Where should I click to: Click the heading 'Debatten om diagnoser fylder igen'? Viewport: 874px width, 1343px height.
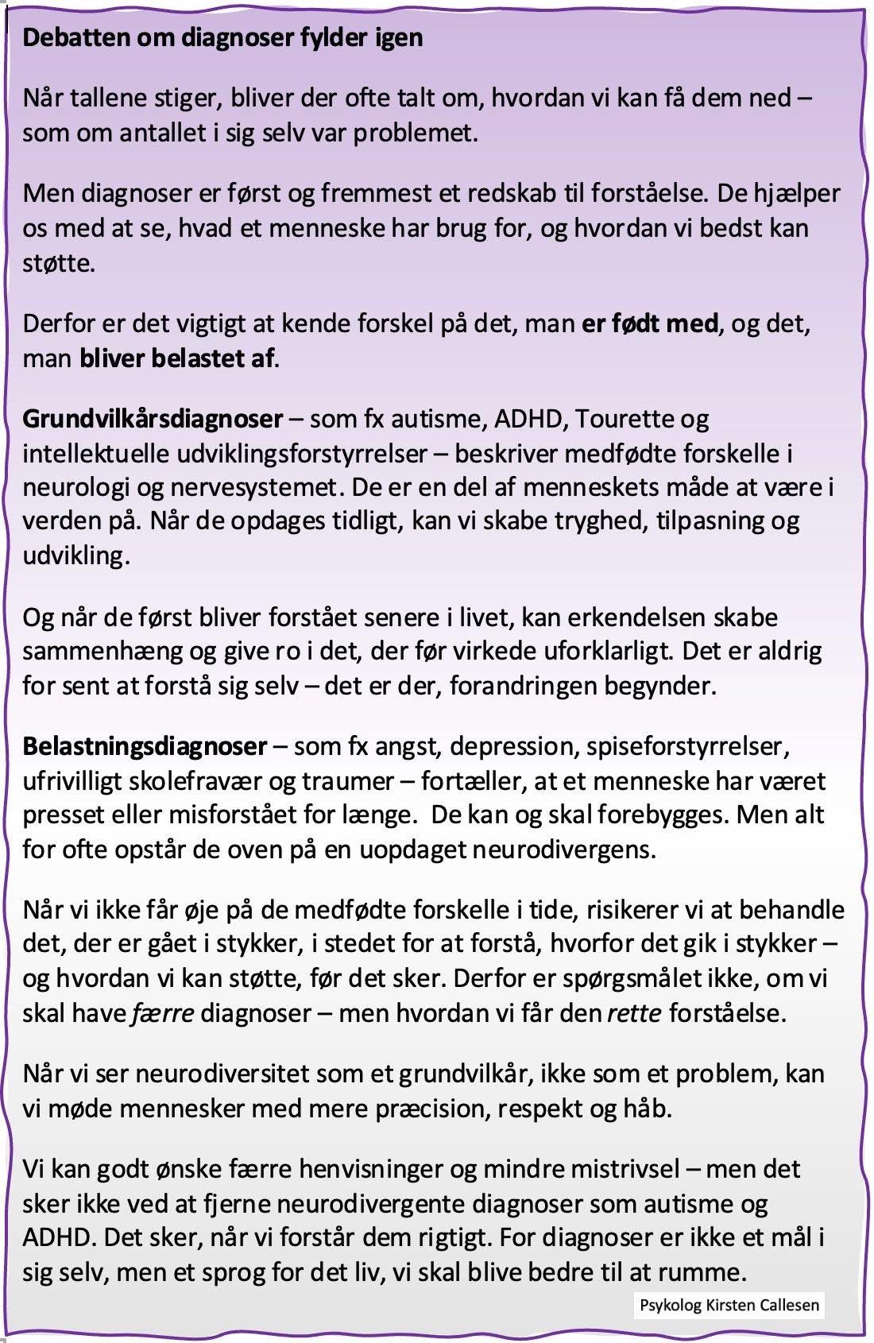(x=222, y=37)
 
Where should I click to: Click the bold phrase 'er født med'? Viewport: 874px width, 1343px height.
(x=649, y=323)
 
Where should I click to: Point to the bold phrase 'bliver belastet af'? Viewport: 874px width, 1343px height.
(x=176, y=358)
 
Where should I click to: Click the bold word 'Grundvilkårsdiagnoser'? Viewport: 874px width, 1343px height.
(x=153, y=418)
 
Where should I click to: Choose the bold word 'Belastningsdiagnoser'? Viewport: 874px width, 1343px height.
(x=145, y=746)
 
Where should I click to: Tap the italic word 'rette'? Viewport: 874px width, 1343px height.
(x=634, y=1013)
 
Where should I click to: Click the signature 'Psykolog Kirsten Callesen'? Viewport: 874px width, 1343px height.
(x=729, y=1305)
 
